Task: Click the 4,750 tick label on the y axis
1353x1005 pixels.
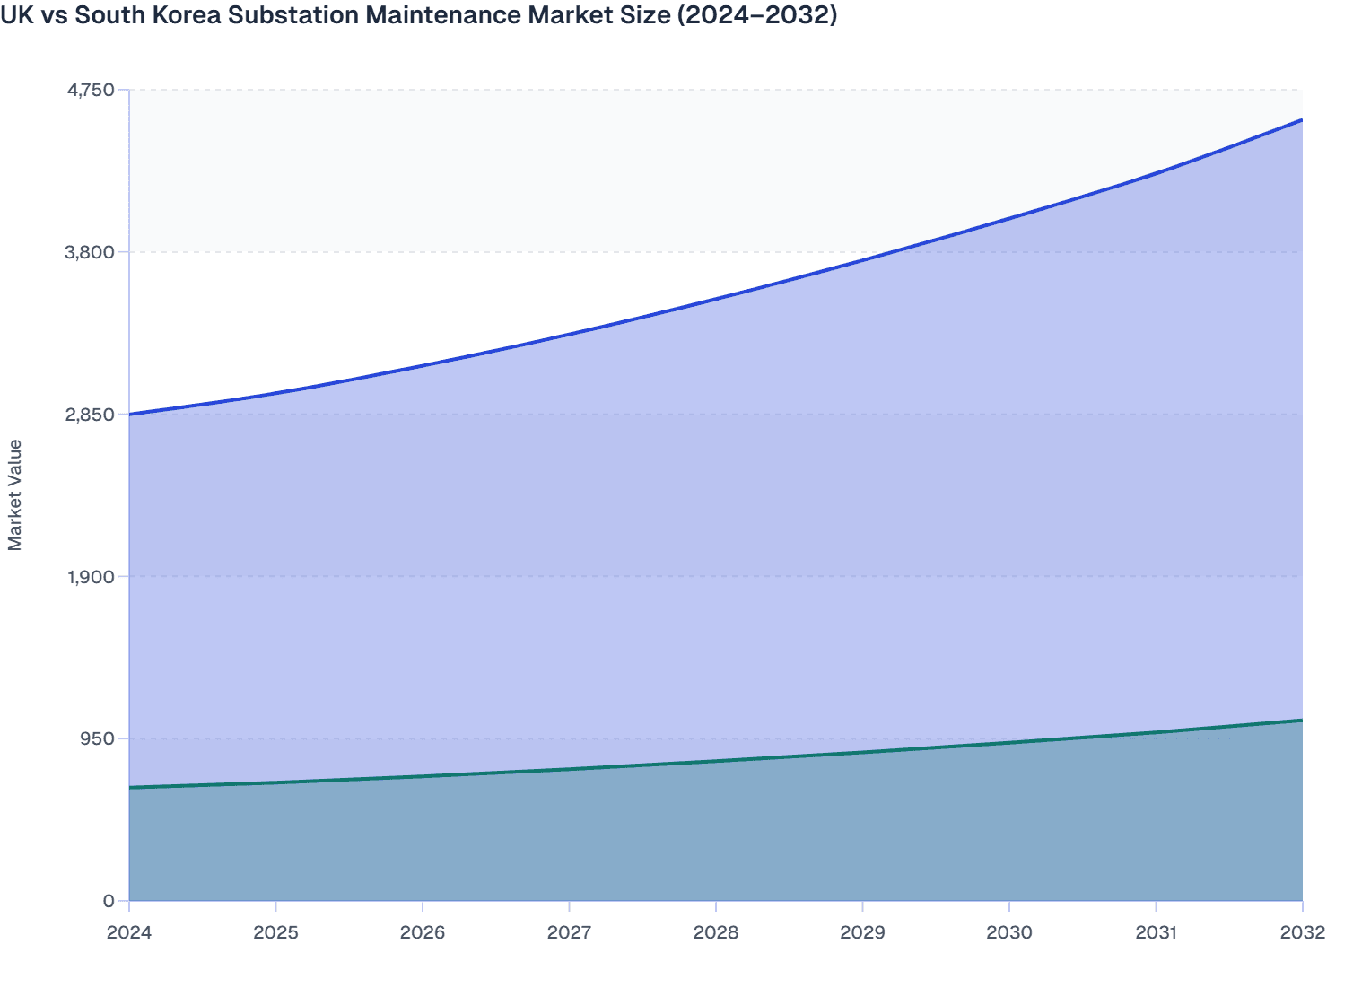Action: [91, 90]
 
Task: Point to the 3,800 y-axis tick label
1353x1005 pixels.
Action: [91, 252]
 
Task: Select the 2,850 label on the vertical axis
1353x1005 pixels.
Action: [91, 415]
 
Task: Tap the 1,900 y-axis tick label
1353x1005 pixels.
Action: [91, 577]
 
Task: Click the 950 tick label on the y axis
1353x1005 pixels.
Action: [99, 738]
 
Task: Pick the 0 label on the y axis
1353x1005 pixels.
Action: [109, 901]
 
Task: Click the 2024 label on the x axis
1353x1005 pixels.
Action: [129, 932]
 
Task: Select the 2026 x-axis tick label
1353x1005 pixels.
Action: [423, 932]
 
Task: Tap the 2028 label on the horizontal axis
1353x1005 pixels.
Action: [716, 932]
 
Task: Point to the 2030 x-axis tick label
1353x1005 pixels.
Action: [1009, 932]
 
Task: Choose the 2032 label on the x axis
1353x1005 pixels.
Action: [1302, 932]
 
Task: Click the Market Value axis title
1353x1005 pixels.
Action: [15, 494]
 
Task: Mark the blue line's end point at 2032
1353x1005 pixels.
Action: [1302, 120]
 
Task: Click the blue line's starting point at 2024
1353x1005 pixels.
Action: [130, 415]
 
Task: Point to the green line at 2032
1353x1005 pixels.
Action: [1302, 721]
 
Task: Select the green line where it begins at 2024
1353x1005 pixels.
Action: [130, 788]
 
